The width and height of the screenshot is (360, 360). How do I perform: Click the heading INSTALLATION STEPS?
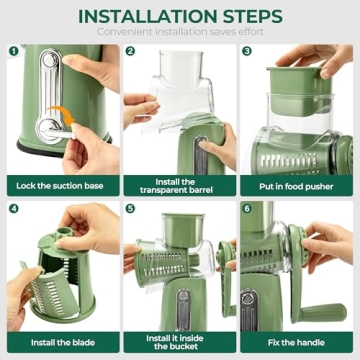[x=180, y=16]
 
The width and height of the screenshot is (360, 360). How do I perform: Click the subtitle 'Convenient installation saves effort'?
[x=180, y=33]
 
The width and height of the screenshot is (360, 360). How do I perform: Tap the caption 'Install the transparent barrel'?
[x=180, y=186]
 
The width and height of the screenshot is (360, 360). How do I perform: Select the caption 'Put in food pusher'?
[x=299, y=186]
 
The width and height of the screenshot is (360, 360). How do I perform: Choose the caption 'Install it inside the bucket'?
[x=180, y=342]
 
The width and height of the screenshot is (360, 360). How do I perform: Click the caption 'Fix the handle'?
[x=299, y=342]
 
